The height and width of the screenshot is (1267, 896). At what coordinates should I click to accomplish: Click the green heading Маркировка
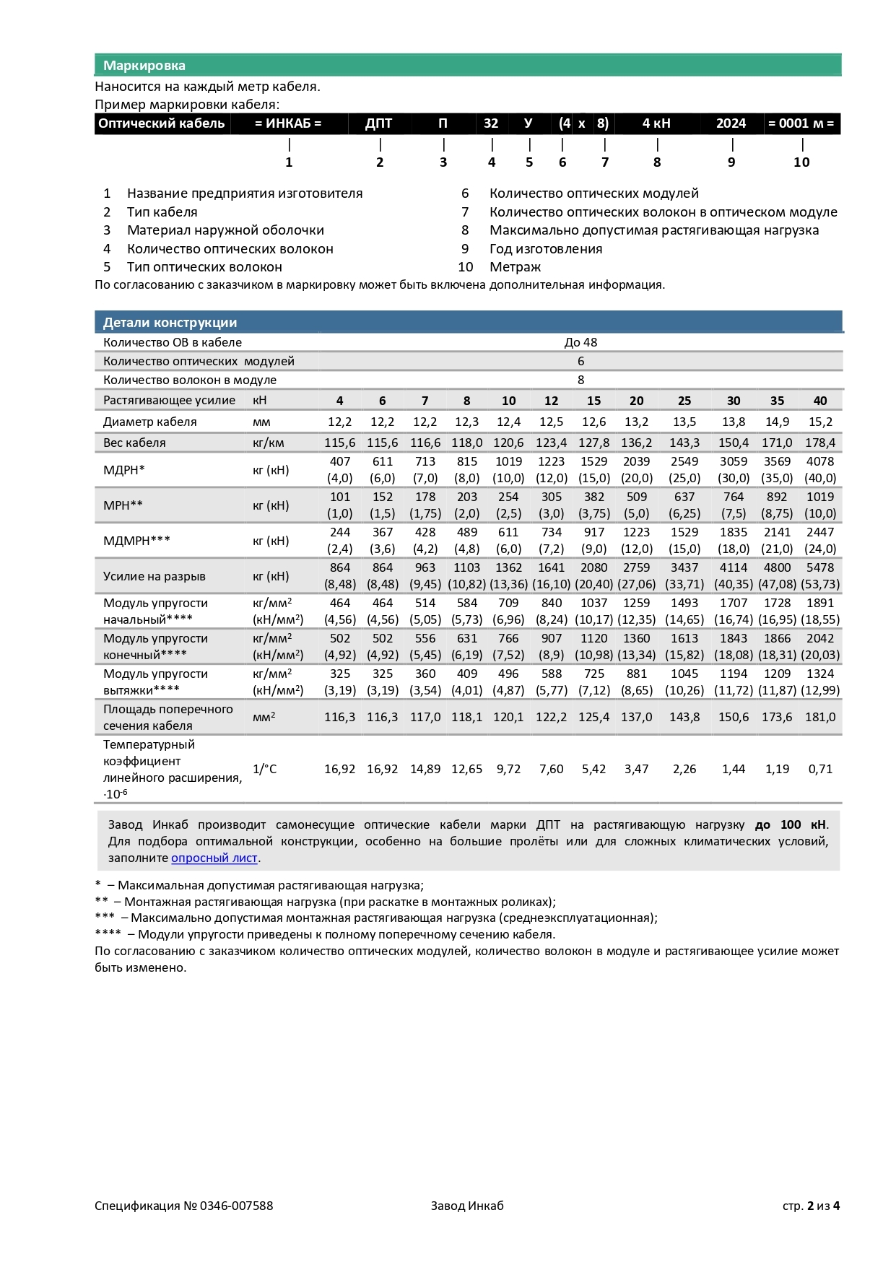144,66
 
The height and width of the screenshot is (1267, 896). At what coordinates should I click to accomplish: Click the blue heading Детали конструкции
170,323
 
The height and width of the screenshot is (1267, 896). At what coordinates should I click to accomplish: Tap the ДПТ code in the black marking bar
378,123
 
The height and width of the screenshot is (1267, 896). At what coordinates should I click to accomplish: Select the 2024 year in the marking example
731,123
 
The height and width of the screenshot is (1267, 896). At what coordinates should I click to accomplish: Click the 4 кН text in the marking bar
656,123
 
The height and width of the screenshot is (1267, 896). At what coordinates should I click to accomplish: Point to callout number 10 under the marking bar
801,162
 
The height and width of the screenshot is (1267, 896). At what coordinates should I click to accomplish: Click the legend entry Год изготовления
545,249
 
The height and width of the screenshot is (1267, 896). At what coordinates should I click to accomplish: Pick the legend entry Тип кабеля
162,212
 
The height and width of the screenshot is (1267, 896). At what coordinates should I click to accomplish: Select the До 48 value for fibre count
580,342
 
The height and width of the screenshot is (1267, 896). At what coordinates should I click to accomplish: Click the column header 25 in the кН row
684,401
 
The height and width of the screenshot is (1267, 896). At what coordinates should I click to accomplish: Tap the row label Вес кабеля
134,443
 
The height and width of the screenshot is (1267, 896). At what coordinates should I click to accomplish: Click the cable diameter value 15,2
820,422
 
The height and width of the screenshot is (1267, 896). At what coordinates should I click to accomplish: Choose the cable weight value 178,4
820,443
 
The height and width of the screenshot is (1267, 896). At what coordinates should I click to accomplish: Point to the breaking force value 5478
820,567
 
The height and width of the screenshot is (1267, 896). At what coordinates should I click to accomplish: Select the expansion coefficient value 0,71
820,769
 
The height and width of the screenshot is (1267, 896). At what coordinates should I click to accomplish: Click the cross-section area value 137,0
636,717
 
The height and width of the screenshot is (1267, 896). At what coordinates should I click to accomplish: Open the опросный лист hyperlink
214,858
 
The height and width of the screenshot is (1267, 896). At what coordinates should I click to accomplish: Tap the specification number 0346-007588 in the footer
236,1206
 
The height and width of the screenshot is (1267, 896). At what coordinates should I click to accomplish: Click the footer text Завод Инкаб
467,1206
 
